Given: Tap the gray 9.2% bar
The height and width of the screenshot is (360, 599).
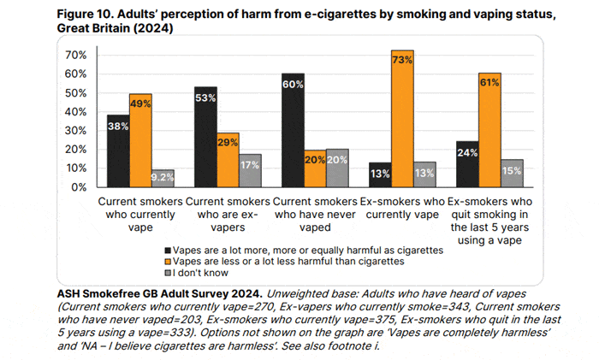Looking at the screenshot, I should coord(163,178).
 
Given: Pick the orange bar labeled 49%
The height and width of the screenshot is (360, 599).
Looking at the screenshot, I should coord(140,140).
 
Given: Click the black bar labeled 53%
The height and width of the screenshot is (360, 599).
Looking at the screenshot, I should coord(205,137).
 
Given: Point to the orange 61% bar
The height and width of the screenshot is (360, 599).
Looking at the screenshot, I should coord(490,129).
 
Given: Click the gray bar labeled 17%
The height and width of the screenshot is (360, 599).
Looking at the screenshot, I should coord(250,170).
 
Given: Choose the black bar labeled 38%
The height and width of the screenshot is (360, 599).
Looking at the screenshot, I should coord(118,150).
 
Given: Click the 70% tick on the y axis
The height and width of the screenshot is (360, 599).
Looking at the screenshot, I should coord(77,55).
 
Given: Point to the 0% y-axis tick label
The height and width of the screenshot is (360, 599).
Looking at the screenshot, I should coord(80,186).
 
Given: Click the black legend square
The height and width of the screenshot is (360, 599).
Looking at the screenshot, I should coord(168,251).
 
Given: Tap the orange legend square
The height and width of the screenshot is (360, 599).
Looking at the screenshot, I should coord(168,262).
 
